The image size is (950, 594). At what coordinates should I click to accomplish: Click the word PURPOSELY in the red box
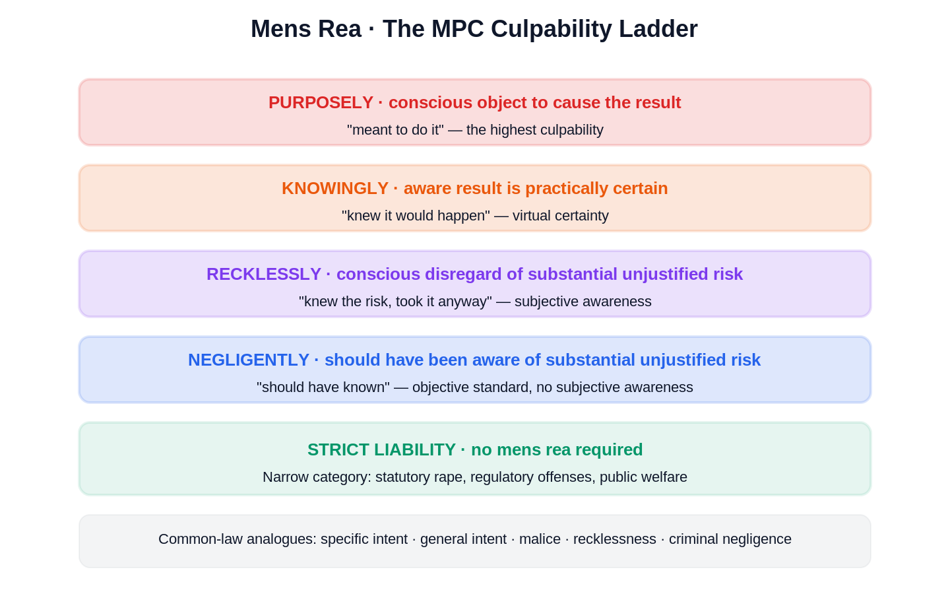(x=321, y=103)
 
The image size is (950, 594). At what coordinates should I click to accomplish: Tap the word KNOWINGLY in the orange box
(x=335, y=188)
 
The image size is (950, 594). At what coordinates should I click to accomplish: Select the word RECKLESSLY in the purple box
(x=264, y=274)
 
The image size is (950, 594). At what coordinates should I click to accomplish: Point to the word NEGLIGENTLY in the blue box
(x=249, y=360)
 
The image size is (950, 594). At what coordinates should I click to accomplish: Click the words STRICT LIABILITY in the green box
(x=382, y=449)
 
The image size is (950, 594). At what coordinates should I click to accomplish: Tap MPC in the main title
(x=458, y=29)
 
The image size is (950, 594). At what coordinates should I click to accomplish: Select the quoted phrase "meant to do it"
(x=395, y=130)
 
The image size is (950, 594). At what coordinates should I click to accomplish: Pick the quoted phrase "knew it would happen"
(x=416, y=216)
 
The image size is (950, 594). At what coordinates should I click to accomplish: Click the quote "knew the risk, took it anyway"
(x=395, y=301)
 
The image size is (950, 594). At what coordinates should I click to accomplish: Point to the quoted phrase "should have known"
(x=323, y=387)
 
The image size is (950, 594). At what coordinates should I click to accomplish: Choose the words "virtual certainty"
(x=561, y=216)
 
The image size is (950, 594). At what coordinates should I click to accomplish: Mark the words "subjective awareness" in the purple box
(x=583, y=301)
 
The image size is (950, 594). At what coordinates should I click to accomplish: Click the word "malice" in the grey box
(x=540, y=539)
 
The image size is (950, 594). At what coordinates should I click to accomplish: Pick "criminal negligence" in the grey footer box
(x=730, y=539)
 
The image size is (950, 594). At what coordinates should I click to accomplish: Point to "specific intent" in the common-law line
(x=364, y=539)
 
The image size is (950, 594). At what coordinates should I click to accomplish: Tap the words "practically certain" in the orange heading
(x=596, y=188)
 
